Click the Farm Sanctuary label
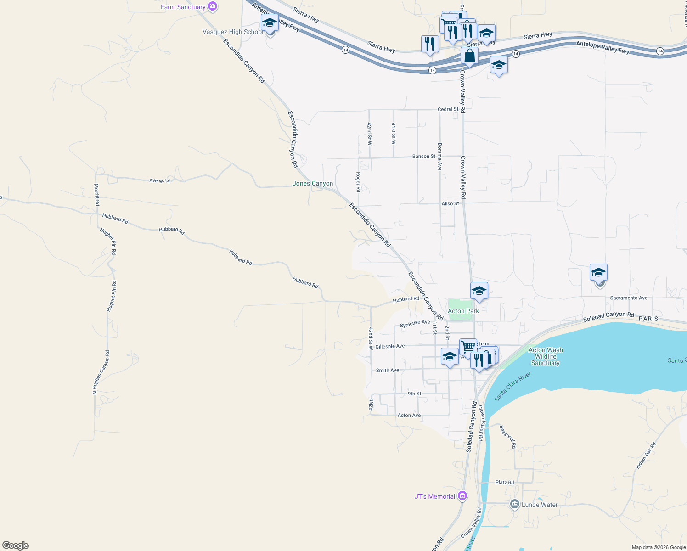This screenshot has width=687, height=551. pos(183,7)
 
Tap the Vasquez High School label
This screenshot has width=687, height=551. pos(233,32)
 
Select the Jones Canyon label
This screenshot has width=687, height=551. pos(313,183)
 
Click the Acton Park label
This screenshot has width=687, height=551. pos(463,311)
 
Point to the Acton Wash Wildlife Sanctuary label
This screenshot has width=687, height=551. pos(546,356)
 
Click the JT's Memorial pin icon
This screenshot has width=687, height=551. pos(463,496)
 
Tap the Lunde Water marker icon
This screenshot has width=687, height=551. pos(515,504)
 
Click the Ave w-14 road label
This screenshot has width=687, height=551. pos(160,181)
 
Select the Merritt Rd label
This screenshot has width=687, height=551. pos(96,194)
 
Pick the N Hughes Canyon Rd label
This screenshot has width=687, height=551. pos(101,372)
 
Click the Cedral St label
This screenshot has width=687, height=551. pos(448,109)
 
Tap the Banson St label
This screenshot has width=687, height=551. pos(424,157)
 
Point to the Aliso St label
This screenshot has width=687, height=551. pos(450,203)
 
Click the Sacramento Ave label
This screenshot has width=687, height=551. pos(629,298)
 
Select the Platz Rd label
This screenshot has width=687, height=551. pos(504,483)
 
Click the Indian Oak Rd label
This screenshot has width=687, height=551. pos(646,455)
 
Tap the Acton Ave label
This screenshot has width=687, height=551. pos(409,416)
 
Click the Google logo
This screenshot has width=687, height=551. pos(16,545)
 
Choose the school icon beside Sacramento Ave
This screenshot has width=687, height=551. pos(598,273)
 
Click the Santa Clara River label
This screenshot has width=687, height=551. pos(512,387)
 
